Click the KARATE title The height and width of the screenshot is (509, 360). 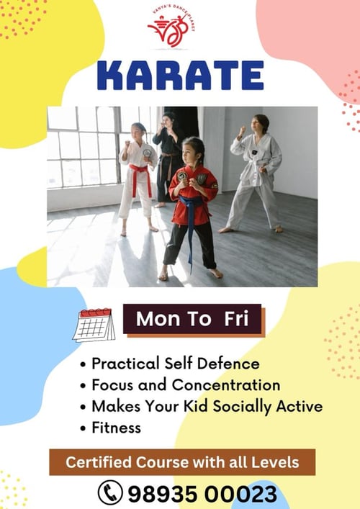tap(179, 76)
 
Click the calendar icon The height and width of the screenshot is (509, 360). tap(94, 325)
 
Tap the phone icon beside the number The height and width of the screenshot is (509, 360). tap(110, 492)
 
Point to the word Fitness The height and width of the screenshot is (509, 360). tap(116, 427)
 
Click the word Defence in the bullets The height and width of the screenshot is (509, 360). tap(228, 364)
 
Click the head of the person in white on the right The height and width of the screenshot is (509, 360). tap(261, 123)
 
